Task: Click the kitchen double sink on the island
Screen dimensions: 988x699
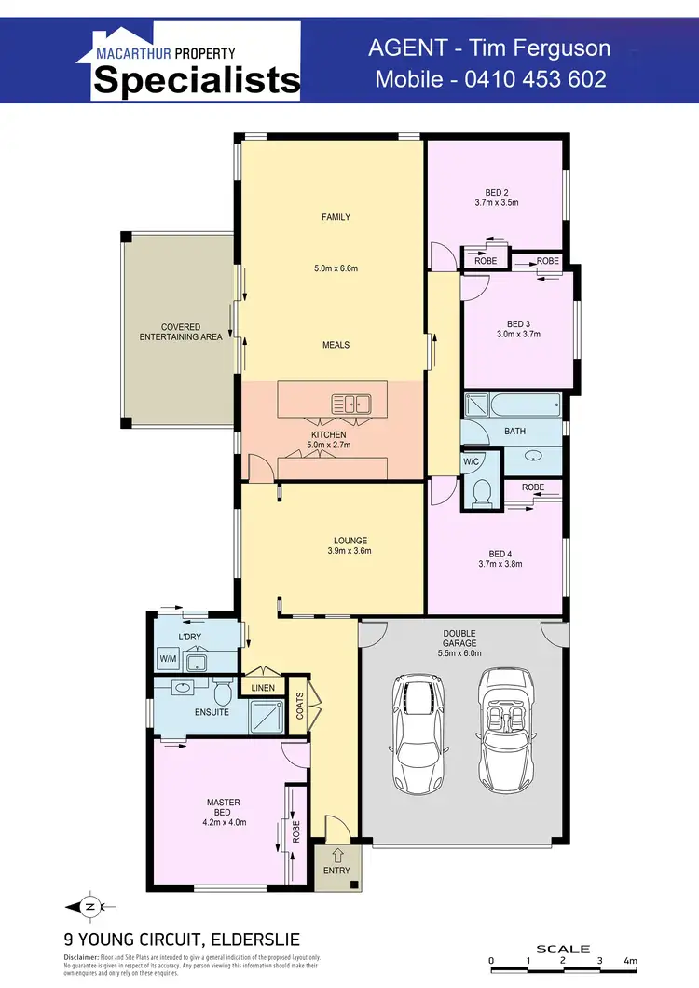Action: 351,405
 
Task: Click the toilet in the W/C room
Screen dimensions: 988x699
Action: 482,493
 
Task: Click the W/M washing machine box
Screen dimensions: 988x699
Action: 168,659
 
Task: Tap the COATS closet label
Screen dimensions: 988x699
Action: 299,710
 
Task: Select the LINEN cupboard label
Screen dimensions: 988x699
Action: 263,688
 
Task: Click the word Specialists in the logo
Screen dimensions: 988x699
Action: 196,81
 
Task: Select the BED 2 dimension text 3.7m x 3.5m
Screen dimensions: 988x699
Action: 496,202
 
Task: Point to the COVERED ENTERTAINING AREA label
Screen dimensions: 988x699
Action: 181,332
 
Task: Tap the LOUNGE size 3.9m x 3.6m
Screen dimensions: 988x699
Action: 351,551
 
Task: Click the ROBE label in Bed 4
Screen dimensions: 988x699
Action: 533,487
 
